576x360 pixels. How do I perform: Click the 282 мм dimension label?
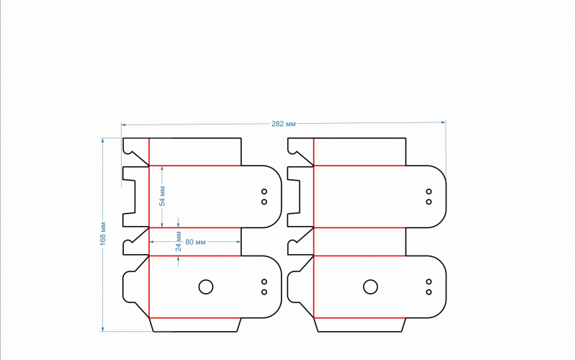tap(284, 124)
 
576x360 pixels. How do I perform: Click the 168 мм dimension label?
tap(103, 233)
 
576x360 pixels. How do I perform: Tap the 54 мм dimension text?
tap(163, 196)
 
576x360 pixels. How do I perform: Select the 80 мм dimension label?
tap(195, 242)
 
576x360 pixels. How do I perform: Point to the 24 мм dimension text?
tap(179, 241)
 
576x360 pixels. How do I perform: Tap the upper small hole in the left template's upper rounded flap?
tap(264, 192)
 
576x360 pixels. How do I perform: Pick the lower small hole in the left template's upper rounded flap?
tap(264, 202)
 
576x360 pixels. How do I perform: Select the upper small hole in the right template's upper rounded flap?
tap(428, 192)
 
